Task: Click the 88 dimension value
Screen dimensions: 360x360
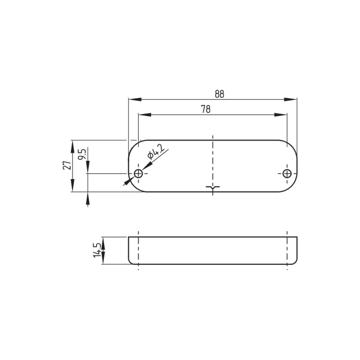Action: pyautogui.click(x=219, y=94)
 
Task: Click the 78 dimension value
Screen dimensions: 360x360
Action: pyautogui.click(x=206, y=109)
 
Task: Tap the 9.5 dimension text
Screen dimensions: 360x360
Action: pyautogui.click(x=82, y=154)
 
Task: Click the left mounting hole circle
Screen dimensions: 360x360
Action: pyautogui.click(x=139, y=174)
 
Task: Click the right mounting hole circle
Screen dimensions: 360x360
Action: pyautogui.click(x=287, y=174)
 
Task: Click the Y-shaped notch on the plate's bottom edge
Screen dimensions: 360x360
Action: pyautogui.click(x=212, y=188)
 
